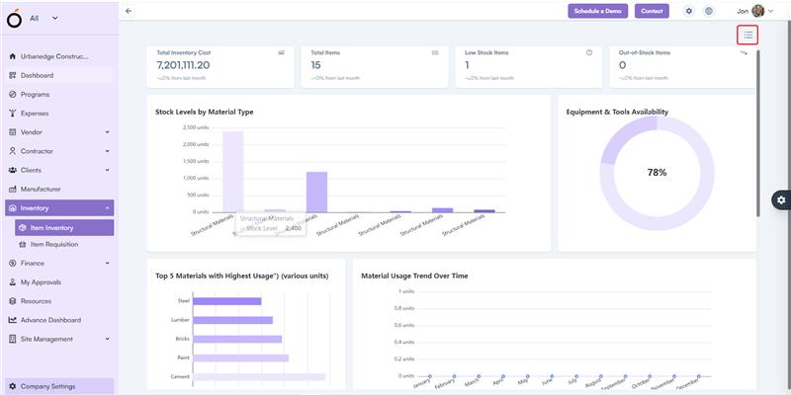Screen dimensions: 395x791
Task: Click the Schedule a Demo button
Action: click(597, 11)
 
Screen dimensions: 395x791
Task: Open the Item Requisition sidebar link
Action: click(54, 244)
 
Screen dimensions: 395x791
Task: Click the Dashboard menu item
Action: click(37, 75)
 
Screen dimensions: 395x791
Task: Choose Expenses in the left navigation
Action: click(35, 113)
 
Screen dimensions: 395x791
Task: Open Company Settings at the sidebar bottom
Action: click(47, 386)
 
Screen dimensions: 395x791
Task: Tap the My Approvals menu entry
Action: click(41, 282)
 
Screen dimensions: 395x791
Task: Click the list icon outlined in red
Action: click(747, 35)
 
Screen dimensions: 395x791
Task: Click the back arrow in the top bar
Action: click(129, 11)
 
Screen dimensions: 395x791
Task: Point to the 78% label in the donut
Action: click(657, 173)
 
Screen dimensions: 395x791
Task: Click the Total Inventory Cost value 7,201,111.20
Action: click(197, 65)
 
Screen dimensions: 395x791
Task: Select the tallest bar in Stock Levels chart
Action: click(232, 171)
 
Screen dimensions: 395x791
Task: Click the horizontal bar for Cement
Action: click(259, 376)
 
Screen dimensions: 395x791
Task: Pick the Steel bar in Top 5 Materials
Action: click(227, 301)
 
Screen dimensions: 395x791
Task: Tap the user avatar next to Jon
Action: click(757, 11)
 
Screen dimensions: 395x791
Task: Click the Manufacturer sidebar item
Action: click(41, 189)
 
